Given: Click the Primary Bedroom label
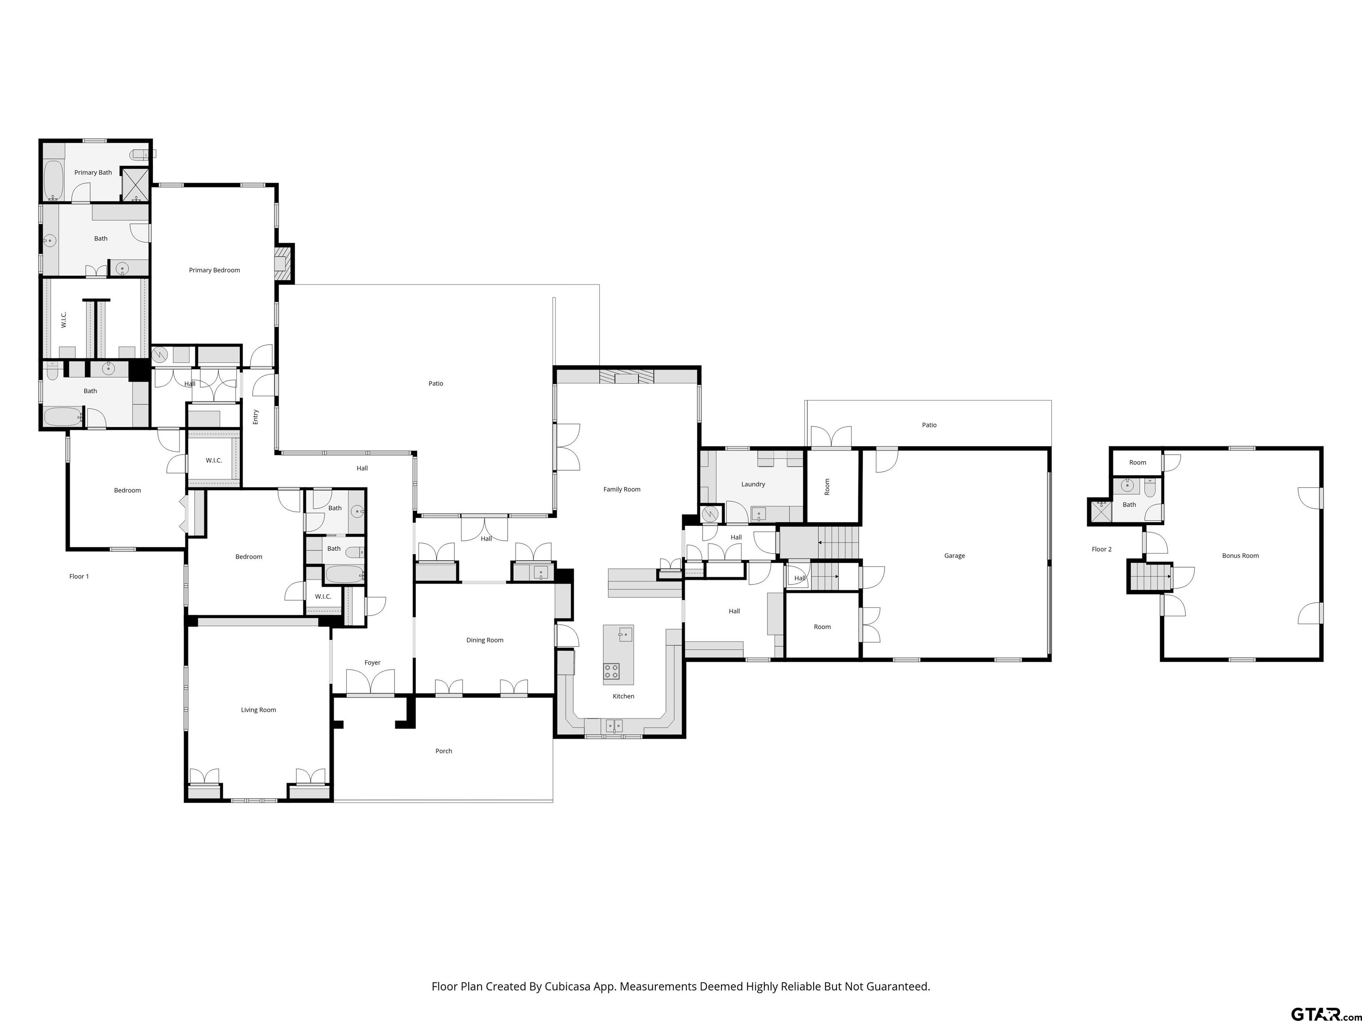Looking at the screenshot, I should (x=214, y=270).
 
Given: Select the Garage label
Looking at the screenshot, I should (x=955, y=556).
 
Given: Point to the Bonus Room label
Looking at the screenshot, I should (x=1240, y=556).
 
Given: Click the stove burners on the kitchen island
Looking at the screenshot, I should (x=611, y=671).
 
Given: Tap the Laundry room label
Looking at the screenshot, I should (x=753, y=484).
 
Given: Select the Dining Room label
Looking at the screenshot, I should (x=485, y=640).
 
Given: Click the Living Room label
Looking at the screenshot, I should (x=258, y=709).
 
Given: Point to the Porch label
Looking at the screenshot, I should (x=443, y=751).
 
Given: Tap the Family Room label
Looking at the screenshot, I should (x=622, y=489).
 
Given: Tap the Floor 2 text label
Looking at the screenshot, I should (x=1102, y=549).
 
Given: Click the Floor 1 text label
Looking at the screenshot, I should (x=79, y=577).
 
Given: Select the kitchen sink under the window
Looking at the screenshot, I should (x=613, y=726).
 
